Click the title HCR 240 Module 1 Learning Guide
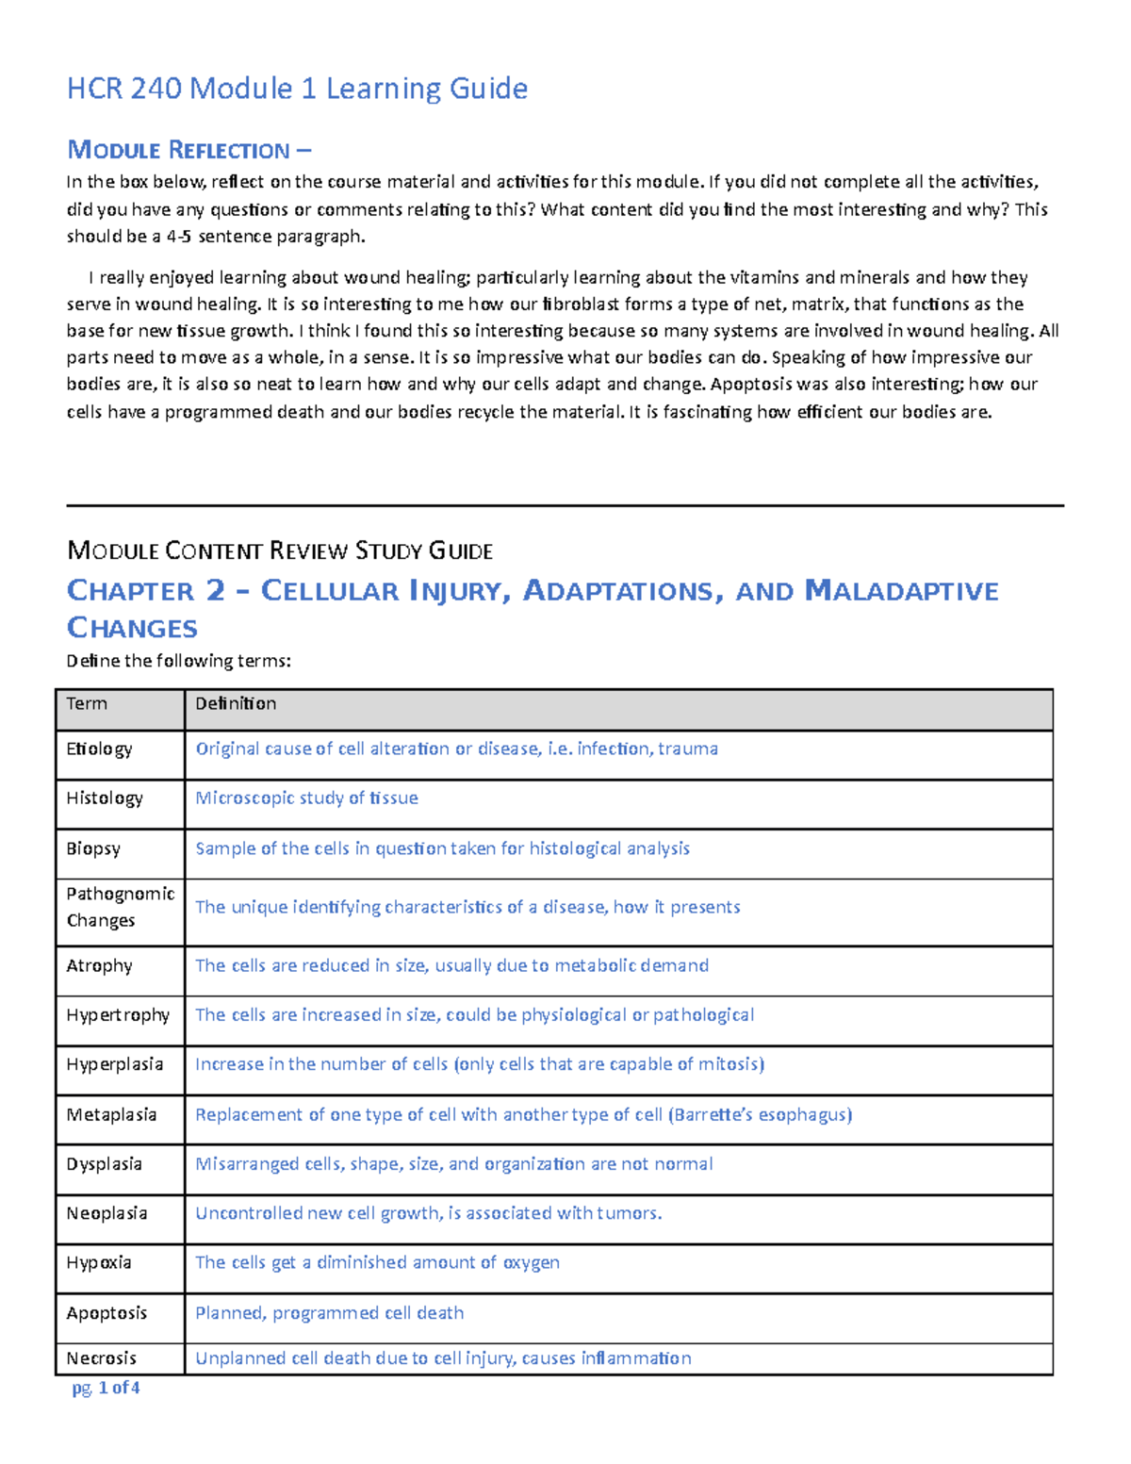click(x=297, y=89)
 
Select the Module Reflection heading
click(x=188, y=150)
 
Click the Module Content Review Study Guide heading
click(x=280, y=551)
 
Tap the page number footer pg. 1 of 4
click(x=106, y=1388)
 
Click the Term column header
click(x=87, y=703)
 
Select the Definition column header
click(x=236, y=703)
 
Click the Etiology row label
click(x=99, y=748)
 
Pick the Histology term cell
click(x=105, y=798)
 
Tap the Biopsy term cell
click(x=93, y=848)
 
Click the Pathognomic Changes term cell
click(x=120, y=907)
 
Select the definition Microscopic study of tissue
click(x=306, y=798)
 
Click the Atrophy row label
click(x=99, y=965)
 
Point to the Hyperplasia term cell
click(x=114, y=1064)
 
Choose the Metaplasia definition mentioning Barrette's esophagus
click(x=523, y=1114)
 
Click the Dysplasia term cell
click(x=104, y=1164)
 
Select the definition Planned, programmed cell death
click(x=329, y=1313)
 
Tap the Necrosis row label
click(x=101, y=1358)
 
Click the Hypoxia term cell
click(x=99, y=1262)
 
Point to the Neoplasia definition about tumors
click(x=428, y=1213)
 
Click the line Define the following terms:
click(x=179, y=661)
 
